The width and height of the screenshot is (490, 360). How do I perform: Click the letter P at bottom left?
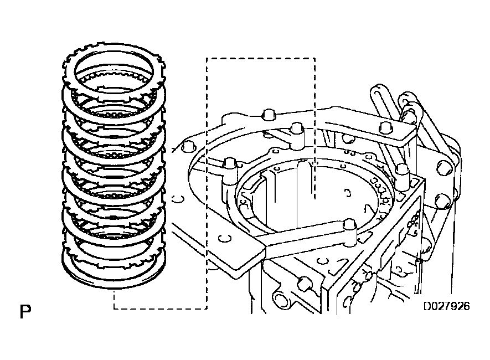[x=25, y=312]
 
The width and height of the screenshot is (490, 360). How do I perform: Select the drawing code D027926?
[x=447, y=306]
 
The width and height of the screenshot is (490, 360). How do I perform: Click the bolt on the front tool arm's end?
[x=350, y=224]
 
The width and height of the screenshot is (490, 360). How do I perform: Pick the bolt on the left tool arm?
[x=230, y=164]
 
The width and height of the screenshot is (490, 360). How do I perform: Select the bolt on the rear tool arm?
[x=297, y=128]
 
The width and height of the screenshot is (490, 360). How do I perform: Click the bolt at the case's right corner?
[x=403, y=171]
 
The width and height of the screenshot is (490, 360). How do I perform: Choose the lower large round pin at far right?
[x=444, y=201]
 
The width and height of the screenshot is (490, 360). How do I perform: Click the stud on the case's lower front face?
[x=304, y=284]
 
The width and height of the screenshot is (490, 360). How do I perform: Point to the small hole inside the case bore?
[x=347, y=193]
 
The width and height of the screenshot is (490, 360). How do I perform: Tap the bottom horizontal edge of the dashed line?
[x=161, y=308]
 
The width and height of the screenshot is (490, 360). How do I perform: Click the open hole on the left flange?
[x=177, y=198]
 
